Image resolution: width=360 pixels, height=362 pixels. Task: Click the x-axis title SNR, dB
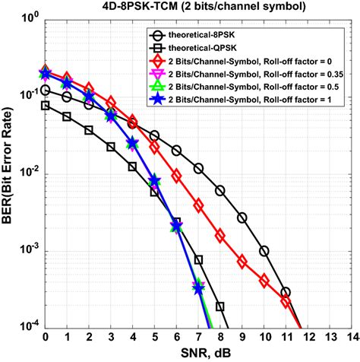(199, 353)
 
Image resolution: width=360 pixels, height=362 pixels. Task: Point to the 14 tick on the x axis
(351, 338)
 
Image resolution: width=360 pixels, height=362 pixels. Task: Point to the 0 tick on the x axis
(45, 338)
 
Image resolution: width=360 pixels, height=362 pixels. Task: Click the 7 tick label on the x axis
(198, 338)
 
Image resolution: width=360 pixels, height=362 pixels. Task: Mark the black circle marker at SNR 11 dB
(286, 292)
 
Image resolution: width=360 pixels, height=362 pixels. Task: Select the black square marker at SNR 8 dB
(220, 307)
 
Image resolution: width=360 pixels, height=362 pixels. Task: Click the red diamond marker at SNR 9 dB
(242, 262)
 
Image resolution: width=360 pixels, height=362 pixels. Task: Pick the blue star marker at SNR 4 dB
(132, 142)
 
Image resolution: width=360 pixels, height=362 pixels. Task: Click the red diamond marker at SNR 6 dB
(176, 176)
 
